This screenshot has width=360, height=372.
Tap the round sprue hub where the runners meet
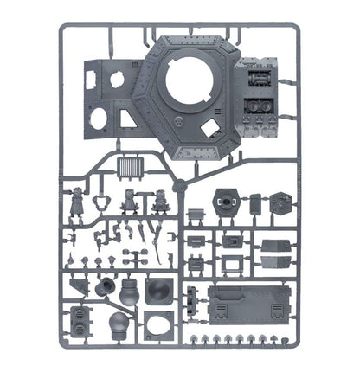tap(179, 187)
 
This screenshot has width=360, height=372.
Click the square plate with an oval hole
tap(158, 324)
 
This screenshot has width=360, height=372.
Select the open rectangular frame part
tap(231, 262)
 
